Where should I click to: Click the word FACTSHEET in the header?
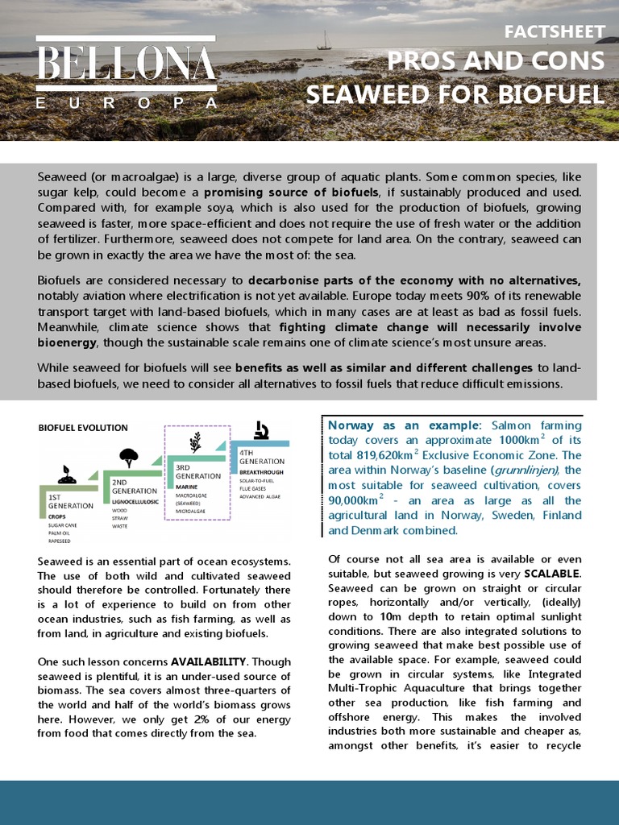[x=554, y=32]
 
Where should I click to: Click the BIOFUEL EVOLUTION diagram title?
[x=83, y=428]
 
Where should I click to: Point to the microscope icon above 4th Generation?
[x=261, y=430]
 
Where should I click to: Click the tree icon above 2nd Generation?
[x=128, y=458]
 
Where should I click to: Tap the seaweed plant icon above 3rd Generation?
[x=195, y=442]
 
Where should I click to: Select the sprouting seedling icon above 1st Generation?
[x=68, y=475]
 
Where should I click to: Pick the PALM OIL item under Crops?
[x=62, y=533]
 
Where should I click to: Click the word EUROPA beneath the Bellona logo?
[x=127, y=103]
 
